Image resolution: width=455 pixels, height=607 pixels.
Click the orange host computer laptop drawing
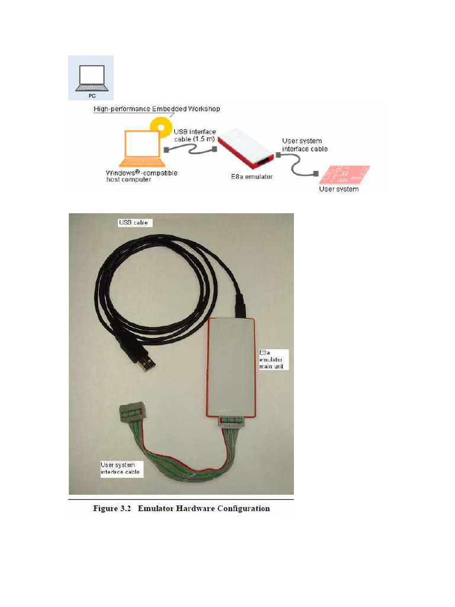click(142, 149)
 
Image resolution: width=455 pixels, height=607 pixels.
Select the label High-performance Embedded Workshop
click(156, 109)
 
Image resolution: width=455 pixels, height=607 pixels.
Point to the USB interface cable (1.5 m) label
click(194, 135)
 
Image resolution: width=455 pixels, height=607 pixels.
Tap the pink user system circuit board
click(344, 175)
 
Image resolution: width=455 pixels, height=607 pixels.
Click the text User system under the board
click(339, 189)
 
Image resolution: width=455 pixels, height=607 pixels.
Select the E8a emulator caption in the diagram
click(252, 177)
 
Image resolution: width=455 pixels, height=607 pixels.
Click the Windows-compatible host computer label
click(142, 176)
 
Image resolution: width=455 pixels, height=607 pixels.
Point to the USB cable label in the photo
click(133, 223)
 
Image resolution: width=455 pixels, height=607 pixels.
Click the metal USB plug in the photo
click(148, 364)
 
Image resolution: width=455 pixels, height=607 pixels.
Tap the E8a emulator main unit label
click(271, 359)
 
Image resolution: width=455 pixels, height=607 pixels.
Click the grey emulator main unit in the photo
click(230, 368)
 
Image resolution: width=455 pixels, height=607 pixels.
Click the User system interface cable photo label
click(120, 468)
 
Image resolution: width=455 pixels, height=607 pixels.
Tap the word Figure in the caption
click(107, 509)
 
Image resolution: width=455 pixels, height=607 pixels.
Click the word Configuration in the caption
click(243, 509)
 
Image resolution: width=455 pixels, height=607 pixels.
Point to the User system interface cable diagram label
click(305, 145)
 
